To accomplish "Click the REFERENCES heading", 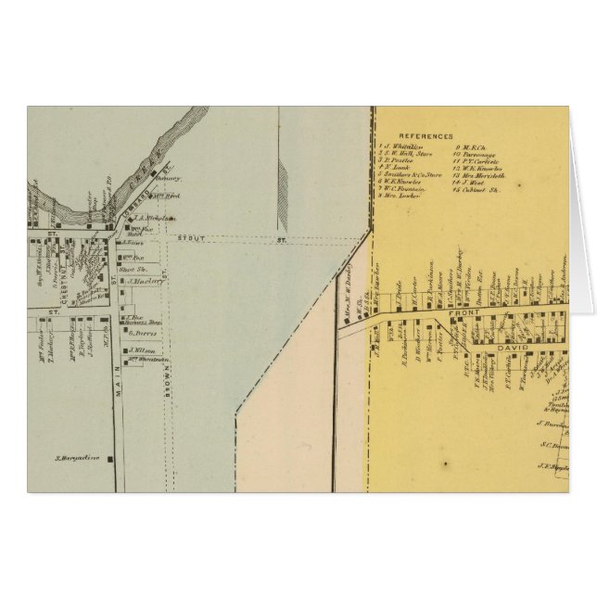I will tap(427, 135).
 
